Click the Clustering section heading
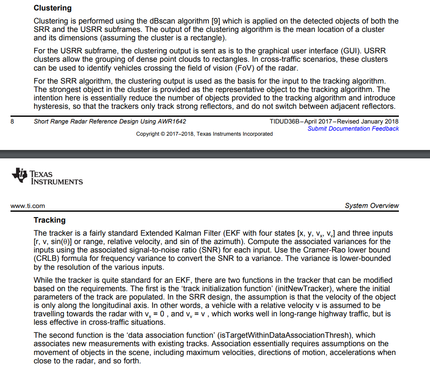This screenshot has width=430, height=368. pos(53,8)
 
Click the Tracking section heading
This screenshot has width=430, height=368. pos(50,220)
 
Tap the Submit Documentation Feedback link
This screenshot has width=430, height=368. pos(353,129)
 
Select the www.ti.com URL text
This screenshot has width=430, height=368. pos(27,206)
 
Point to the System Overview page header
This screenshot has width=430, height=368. pos(372,206)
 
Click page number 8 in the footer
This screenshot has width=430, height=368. pos(13,121)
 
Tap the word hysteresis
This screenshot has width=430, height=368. pos(50,106)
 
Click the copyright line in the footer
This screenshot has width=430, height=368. pos(204,134)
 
